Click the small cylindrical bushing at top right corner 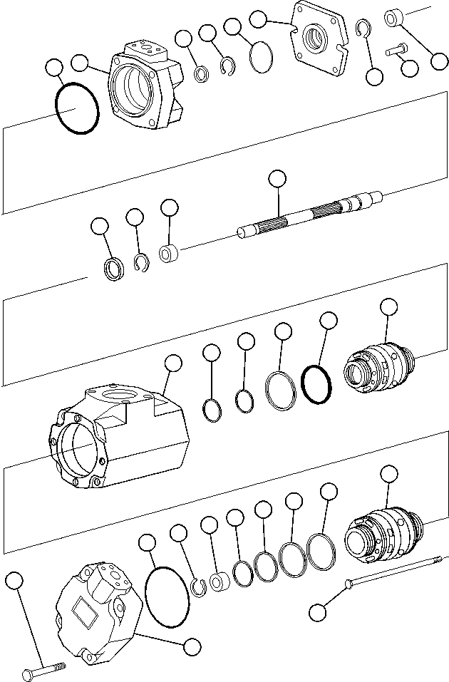point(394,17)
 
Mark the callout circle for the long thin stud point(319,611)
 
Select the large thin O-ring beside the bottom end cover point(167,597)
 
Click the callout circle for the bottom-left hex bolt point(14,581)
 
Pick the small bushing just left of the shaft point(168,254)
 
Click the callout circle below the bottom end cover point(191,647)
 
